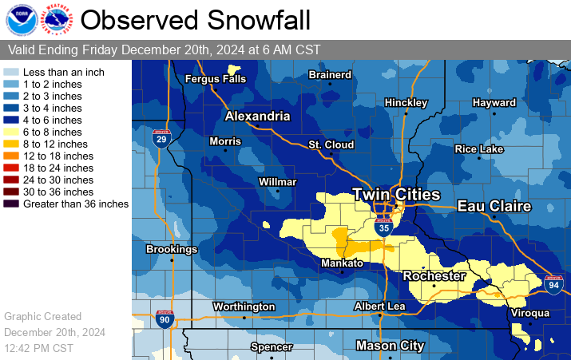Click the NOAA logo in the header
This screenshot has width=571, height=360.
(x=21, y=20)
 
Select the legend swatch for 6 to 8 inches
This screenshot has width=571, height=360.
(x=12, y=133)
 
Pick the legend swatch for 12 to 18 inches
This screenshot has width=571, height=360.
(x=12, y=156)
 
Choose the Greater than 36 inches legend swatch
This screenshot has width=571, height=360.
(x=12, y=204)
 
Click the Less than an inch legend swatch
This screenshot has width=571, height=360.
(x=12, y=73)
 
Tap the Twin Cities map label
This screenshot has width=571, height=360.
(x=396, y=195)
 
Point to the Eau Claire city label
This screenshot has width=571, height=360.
(x=494, y=207)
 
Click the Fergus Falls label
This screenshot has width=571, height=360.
(x=217, y=79)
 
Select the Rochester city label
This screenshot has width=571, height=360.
(x=434, y=276)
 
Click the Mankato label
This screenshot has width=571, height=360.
(x=342, y=263)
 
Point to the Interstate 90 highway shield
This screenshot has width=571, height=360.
(x=165, y=319)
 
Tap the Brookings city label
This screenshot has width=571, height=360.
(x=171, y=250)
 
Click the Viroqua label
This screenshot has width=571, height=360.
(x=530, y=314)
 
